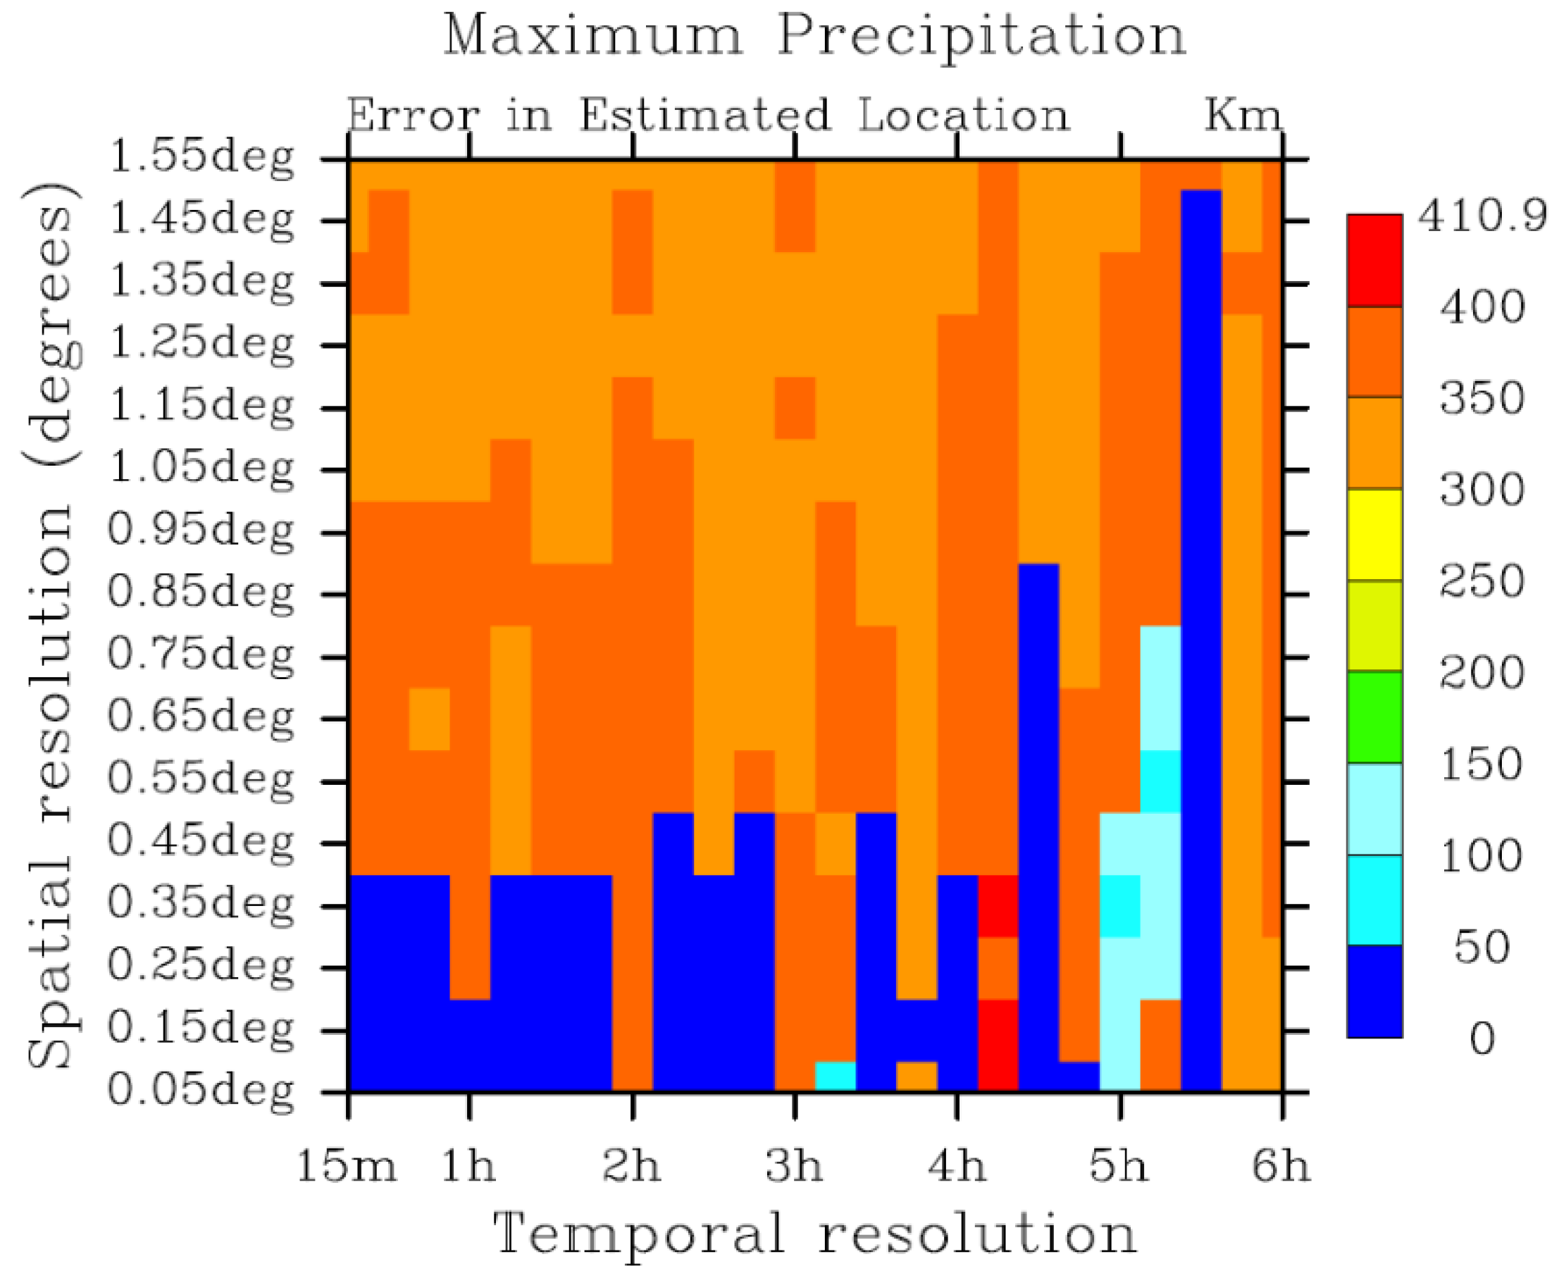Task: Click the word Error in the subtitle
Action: [412, 116]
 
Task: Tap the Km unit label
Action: [1243, 116]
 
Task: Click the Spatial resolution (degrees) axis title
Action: [51, 626]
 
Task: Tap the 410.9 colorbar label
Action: [1481, 217]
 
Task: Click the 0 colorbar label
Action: [1481, 1039]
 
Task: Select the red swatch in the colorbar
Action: [1374, 261]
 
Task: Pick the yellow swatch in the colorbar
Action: [1374, 535]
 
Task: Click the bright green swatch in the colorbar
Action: [1374, 717]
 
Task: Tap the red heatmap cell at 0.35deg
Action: [998, 905]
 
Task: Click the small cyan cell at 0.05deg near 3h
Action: [835, 1076]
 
